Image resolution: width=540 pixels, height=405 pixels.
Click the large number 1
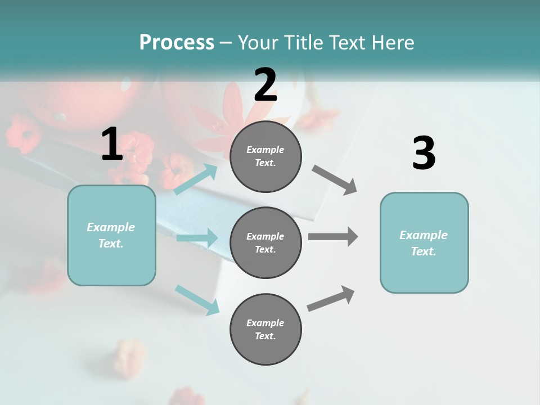pos(111,145)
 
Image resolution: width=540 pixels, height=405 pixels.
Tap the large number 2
pos(265,85)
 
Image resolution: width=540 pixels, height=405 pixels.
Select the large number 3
pos(424,154)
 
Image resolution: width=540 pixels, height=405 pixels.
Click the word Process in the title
pos(177,42)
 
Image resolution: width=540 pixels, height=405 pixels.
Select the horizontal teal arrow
pos(197,238)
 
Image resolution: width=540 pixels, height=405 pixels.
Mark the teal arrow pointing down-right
pos(197,300)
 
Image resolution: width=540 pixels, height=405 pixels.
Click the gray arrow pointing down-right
pos(335,180)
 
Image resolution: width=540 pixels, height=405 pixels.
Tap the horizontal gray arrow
pos(333,236)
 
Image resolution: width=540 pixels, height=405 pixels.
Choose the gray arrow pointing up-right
pos(331,299)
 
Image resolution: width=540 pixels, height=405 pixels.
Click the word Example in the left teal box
pos(111,227)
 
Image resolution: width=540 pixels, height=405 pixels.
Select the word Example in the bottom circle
pos(265,323)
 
